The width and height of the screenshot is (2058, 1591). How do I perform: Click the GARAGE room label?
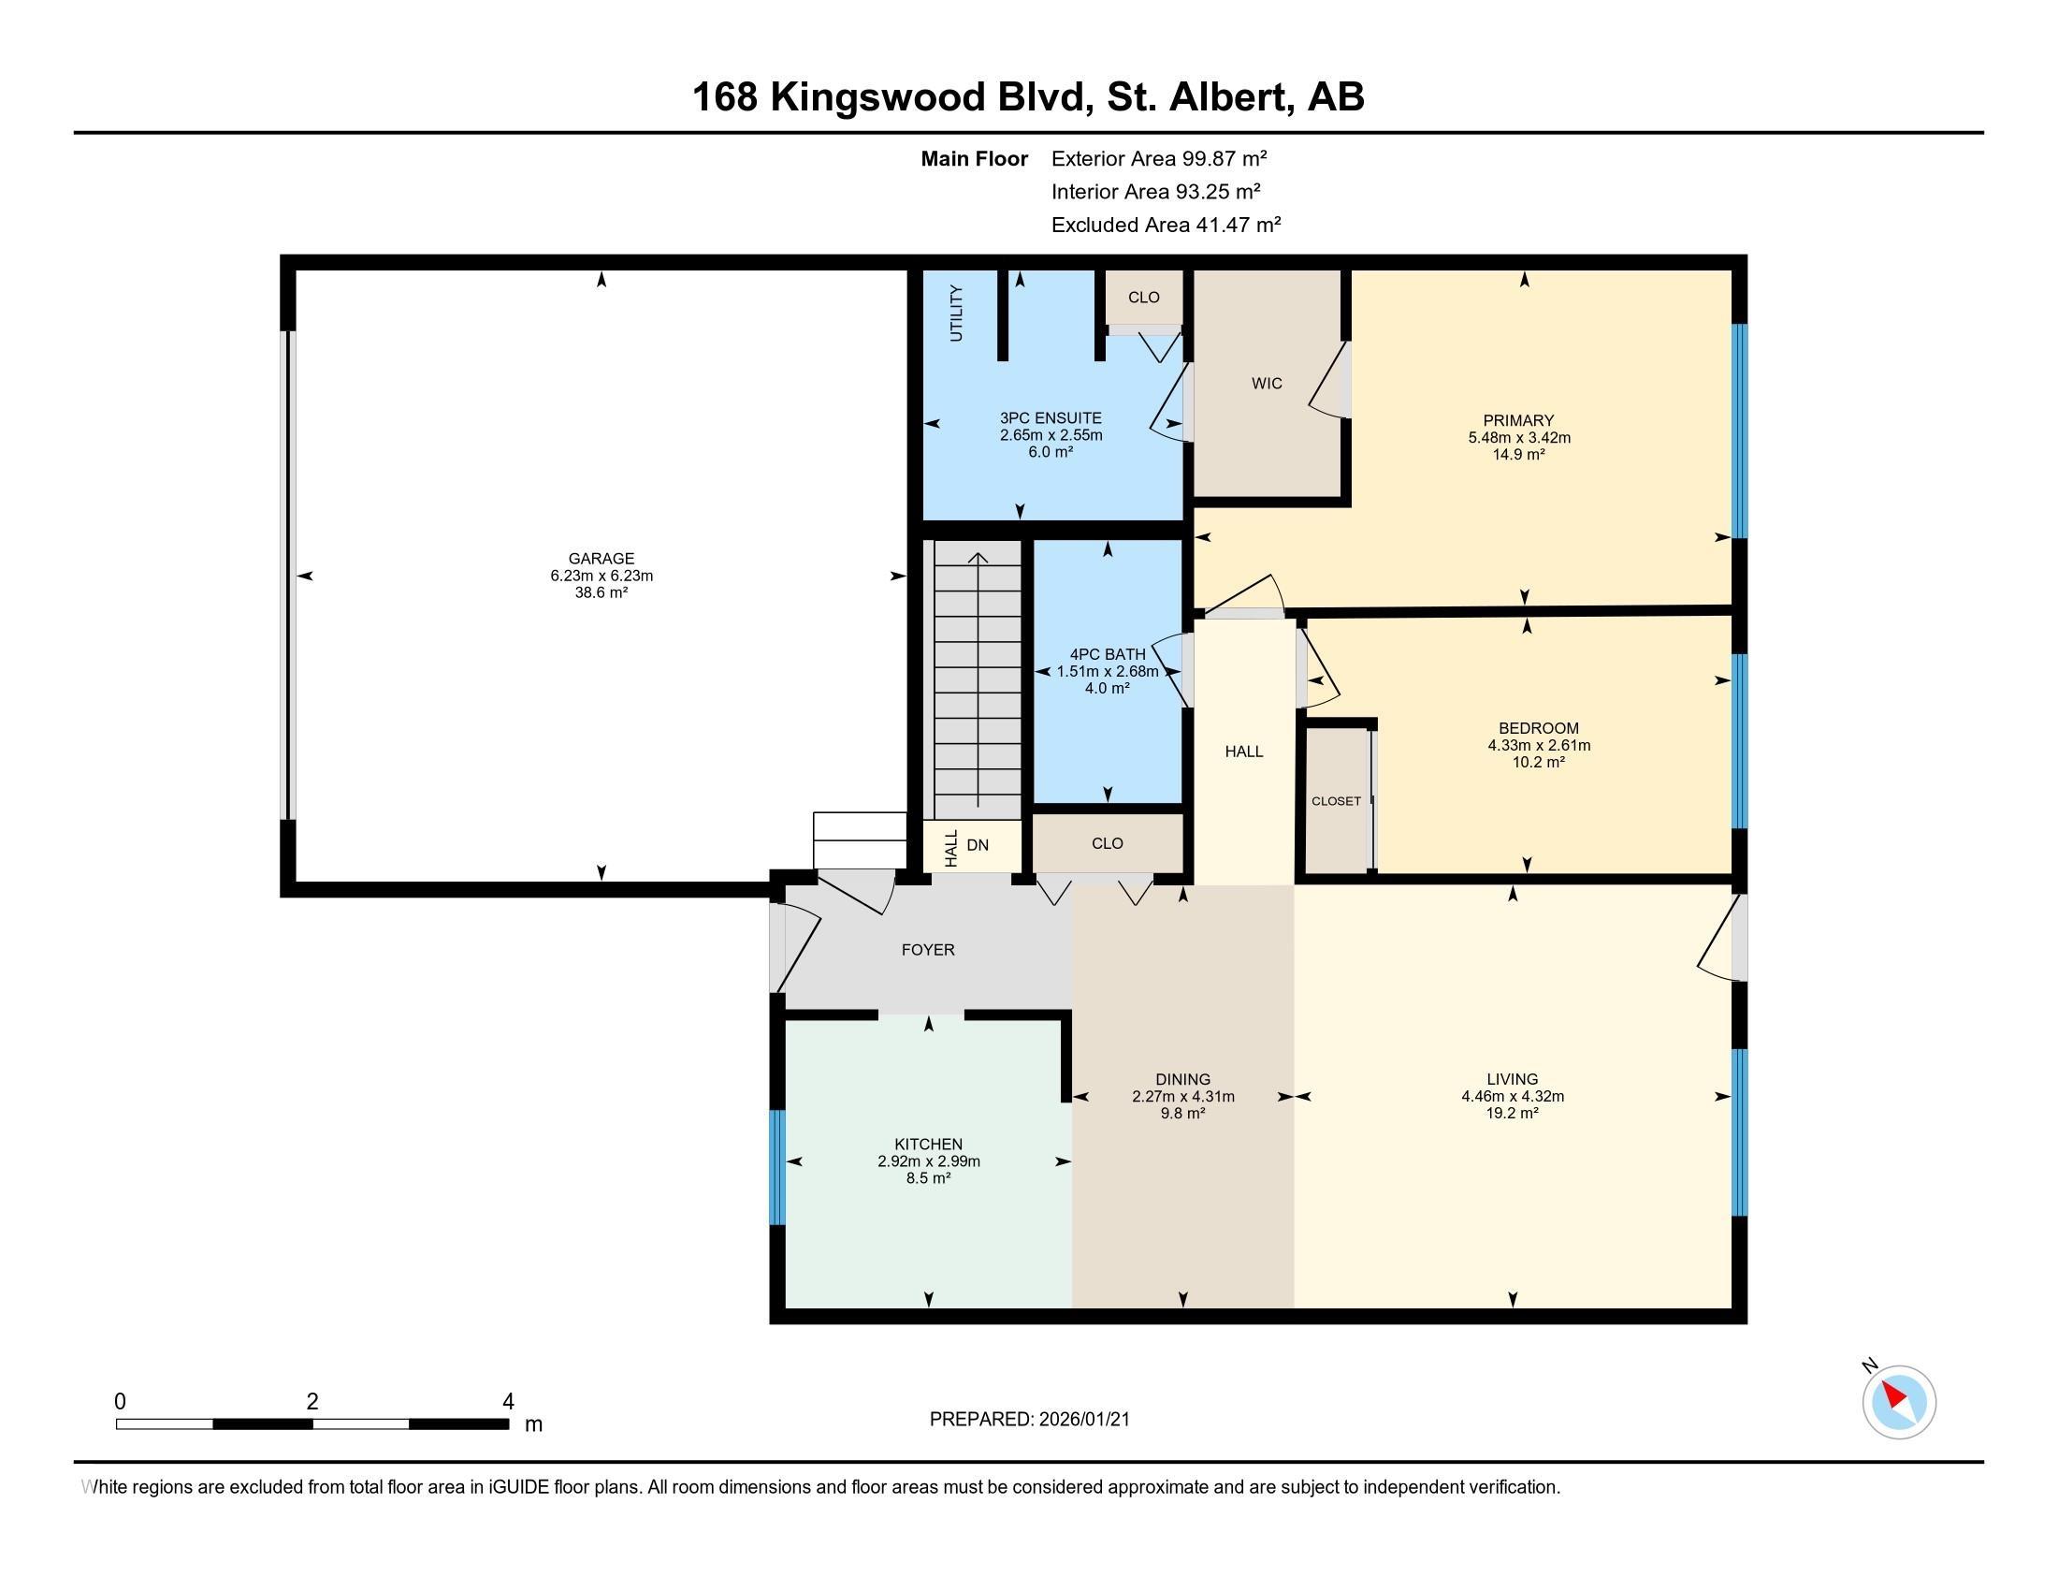click(x=601, y=558)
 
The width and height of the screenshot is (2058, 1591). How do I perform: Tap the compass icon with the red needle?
click(x=1899, y=1402)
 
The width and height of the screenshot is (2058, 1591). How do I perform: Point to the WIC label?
click(x=1267, y=383)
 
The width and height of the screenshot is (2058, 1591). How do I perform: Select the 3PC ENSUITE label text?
click(x=1051, y=417)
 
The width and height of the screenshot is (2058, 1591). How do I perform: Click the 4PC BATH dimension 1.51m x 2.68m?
click(x=1108, y=671)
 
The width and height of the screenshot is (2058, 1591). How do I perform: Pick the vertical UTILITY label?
click(x=956, y=313)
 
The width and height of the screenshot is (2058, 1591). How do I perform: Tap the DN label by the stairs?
click(x=978, y=844)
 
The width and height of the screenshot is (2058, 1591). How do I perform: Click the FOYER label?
click(x=928, y=949)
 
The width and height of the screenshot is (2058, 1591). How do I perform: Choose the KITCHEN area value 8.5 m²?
click(x=928, y=1177)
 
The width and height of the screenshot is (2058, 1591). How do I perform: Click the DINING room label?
click(x=1182, y=1079)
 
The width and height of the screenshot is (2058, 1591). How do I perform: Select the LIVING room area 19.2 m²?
click(x=1513, y=1112)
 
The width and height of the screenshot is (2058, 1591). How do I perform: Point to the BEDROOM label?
click(x=1539, y=727)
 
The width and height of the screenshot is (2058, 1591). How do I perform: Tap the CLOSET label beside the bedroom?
click(x=1336, y=801)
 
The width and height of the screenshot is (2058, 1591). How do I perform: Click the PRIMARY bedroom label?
click(x=1518, y=420)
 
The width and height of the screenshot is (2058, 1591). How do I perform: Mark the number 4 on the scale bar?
click(x=508, y=1402)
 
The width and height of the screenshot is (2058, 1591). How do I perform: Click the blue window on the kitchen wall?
click(x=777, y=1167)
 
